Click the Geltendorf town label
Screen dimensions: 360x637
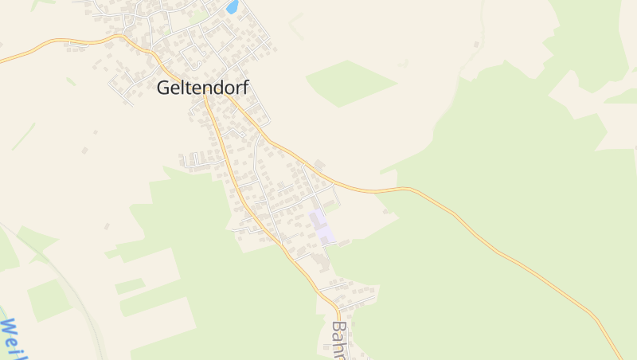[x=202, y=88]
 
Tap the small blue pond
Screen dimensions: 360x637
[x=233, y=7]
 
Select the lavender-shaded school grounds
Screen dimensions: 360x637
[x=322, y=227]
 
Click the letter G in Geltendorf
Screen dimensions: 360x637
[x=164, y=88]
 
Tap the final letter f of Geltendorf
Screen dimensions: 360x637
[x=244, y=88]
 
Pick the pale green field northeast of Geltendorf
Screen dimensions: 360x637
[x=350, y=81]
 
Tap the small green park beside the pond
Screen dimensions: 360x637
[x=199, y=14]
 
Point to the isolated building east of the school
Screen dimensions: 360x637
[x=387, y=211]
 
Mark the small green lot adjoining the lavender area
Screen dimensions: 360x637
[x=330, y=205]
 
